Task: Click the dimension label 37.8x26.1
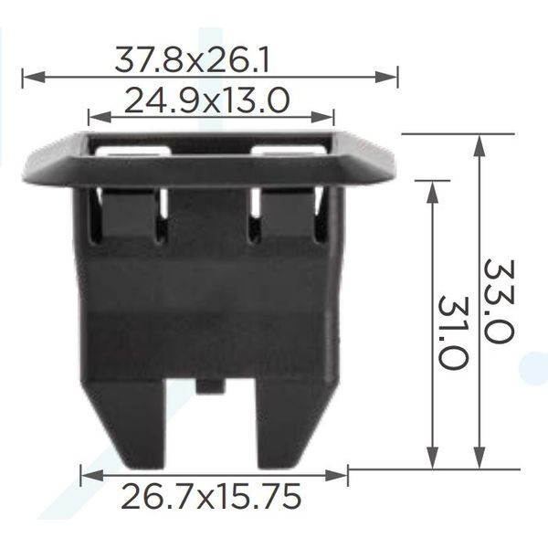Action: (192, 60)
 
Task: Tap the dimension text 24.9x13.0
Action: (207, 100)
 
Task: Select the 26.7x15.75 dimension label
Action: (211, 496)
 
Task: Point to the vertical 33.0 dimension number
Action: (500, 301)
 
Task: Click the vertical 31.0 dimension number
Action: (453, 332)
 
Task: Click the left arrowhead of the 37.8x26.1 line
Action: (34, 77)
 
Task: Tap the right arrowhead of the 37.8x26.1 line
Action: (386, 77)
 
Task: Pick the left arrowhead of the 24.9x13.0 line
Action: (100, 117)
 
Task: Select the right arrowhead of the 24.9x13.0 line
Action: (322, 117)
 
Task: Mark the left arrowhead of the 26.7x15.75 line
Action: (92, 475)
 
